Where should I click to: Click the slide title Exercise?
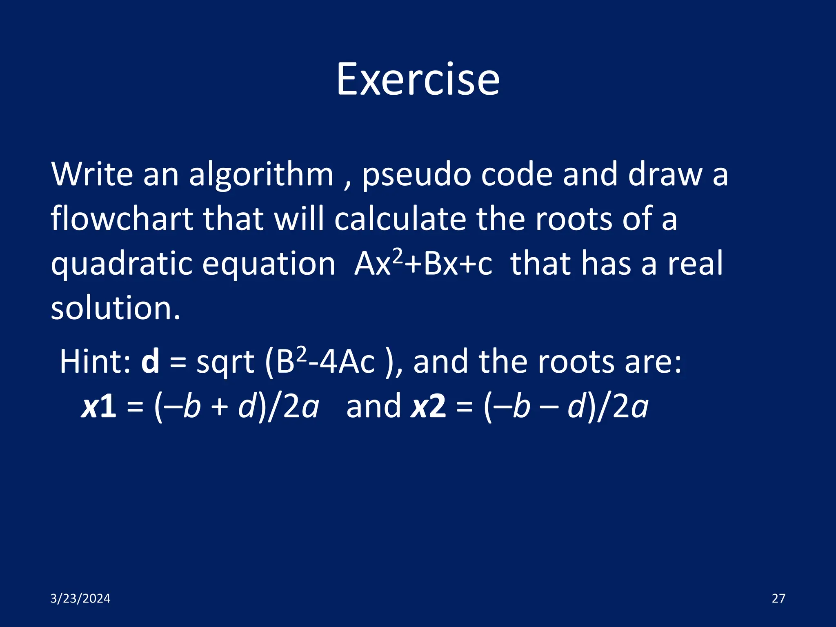(x=418, y=79)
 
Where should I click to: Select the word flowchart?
(x=122, y=218)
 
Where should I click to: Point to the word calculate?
(x=400, y=218)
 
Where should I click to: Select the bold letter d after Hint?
(x=150, y=362)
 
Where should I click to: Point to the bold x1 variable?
(x=99, y=407)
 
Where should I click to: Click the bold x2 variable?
(x=428, y=407)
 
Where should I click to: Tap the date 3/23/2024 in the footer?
(x=80, y=598)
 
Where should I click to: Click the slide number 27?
(x=778, y=598)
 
